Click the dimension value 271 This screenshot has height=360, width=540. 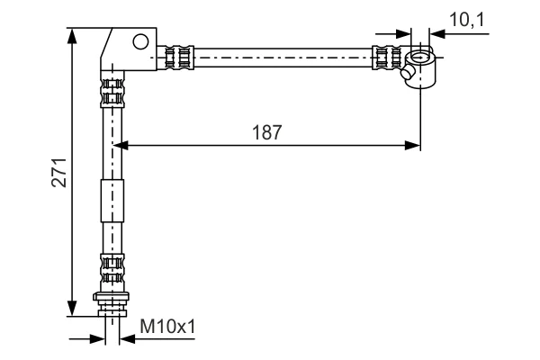click(x=58, y=173)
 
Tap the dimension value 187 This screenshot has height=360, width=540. click(x=267, y=132)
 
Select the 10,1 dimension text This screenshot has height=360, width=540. click(x=466, y=19)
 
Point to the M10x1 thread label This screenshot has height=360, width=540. click(x=167, y=326)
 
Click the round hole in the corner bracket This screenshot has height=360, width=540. click(x=140, y=41)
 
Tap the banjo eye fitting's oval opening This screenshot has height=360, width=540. click(x=419, y=58)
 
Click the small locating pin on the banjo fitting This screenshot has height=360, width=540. click(x=407, y=73)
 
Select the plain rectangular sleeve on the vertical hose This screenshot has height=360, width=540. click(x=112, y=201)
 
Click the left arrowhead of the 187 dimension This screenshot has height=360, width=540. click(x=121, y=146)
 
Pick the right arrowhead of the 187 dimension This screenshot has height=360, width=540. click(x=412, y=146)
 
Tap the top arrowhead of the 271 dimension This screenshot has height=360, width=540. click(x=72, y=36)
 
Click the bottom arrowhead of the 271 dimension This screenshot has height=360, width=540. click(x=72, y=308)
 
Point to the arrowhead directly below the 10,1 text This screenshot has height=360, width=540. click(x=437, y=34)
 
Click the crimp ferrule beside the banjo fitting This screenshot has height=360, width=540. click(x=387, y=58)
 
